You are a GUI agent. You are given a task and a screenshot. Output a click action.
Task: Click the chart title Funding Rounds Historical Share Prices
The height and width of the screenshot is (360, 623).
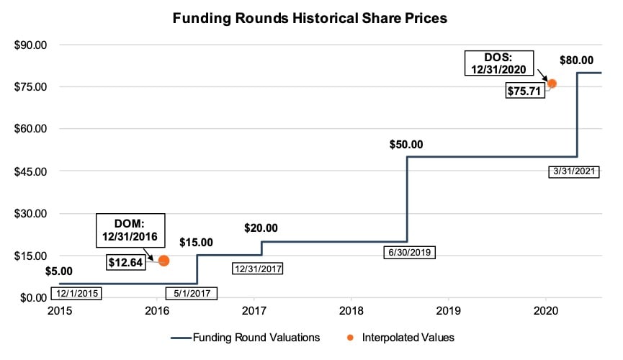[x=310, y=18]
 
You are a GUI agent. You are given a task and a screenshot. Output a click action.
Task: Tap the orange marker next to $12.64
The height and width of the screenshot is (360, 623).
[x=163, y=261]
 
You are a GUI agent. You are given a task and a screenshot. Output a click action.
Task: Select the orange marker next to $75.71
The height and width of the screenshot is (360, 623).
[x=552, y=84]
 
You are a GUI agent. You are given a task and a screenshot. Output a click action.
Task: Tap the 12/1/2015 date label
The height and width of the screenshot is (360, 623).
[x=76, y=293]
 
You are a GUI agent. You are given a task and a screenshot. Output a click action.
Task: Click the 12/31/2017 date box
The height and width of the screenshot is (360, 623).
[x=257, y=269]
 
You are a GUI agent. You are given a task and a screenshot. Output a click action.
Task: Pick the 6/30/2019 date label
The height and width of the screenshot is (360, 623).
[x=409, y=253]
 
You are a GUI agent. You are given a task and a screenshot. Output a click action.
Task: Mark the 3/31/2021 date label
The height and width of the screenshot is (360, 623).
[x=573, y=172]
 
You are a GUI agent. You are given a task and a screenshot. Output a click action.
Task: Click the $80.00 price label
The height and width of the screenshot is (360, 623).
[x=577, y=60]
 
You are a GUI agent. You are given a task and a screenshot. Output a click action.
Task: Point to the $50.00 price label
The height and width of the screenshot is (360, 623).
[x=406, y=144]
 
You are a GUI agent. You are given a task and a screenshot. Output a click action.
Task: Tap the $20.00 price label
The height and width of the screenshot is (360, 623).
[x=261, y=229]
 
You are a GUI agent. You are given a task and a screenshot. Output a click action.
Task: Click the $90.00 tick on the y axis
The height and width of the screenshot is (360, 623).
[x=30, y=45]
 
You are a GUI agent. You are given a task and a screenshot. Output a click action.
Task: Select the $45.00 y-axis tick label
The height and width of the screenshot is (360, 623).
[x=30, y=171]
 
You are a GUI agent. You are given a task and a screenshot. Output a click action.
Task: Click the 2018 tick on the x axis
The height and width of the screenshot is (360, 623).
[x=351, y=312]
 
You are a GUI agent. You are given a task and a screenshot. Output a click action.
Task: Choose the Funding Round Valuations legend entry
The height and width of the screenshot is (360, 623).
[x=245, y=336]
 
